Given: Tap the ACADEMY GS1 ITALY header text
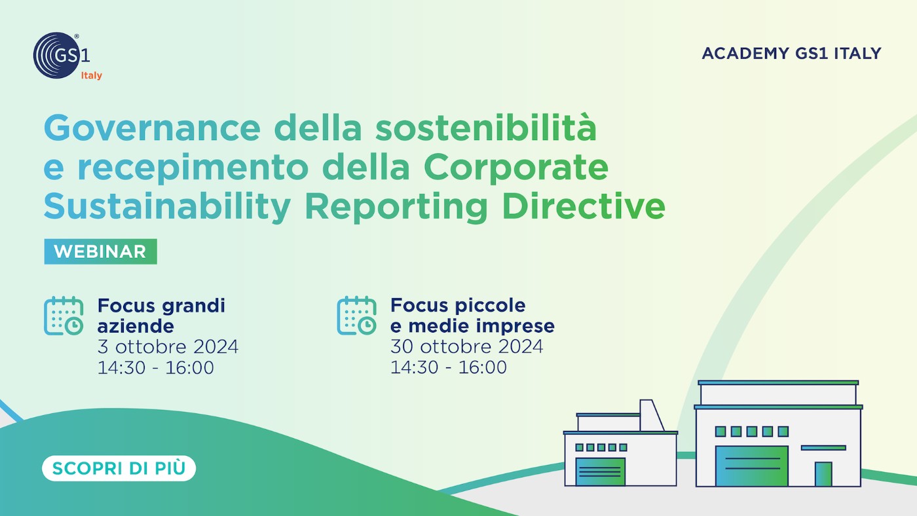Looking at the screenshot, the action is point(791,54).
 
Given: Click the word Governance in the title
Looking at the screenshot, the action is point(152,128).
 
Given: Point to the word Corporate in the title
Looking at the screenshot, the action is point(516,168).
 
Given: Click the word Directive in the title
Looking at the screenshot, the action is point(584,207).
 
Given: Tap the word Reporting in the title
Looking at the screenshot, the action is point(396,208).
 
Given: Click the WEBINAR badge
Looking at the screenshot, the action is point(100,251).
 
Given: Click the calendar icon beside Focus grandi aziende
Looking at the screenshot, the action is point(64,316).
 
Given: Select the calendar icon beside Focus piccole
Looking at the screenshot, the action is point(356,316).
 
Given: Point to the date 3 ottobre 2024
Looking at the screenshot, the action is point(168,347).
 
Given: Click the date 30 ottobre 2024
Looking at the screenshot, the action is point(466,346).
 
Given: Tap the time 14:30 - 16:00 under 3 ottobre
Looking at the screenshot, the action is point(156,367).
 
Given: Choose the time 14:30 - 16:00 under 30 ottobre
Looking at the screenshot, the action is point(449,367).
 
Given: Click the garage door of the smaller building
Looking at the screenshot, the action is point(600,472).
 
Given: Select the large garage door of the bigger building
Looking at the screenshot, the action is point(752,466).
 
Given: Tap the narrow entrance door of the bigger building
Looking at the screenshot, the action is point(823,474).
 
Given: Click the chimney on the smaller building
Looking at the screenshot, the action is point(652,415).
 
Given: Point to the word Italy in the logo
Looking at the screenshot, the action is point(91,76).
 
